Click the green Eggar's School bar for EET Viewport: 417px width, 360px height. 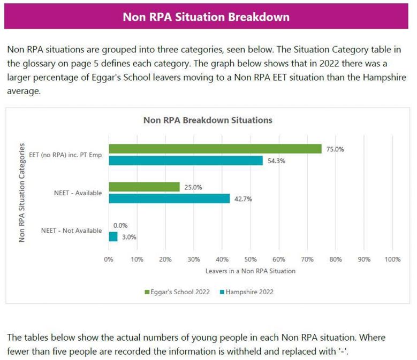215,149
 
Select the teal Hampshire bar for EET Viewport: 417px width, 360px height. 186,160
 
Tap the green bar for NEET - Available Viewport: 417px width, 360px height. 144,187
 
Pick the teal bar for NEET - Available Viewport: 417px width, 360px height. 169,198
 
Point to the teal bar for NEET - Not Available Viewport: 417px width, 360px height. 113,236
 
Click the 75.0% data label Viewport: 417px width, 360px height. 335,149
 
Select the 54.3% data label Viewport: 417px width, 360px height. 277,161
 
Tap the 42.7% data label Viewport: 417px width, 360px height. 243,199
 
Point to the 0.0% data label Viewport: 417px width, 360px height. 120,225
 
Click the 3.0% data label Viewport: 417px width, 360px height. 128,236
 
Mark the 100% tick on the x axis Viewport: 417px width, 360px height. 392,259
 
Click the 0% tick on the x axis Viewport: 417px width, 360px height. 109,259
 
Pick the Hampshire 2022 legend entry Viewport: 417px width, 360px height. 246,292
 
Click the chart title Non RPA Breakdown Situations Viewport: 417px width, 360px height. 208,120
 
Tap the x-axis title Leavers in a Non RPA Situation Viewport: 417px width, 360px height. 251,271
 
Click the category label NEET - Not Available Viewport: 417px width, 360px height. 71,231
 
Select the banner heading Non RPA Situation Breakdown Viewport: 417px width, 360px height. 206,17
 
